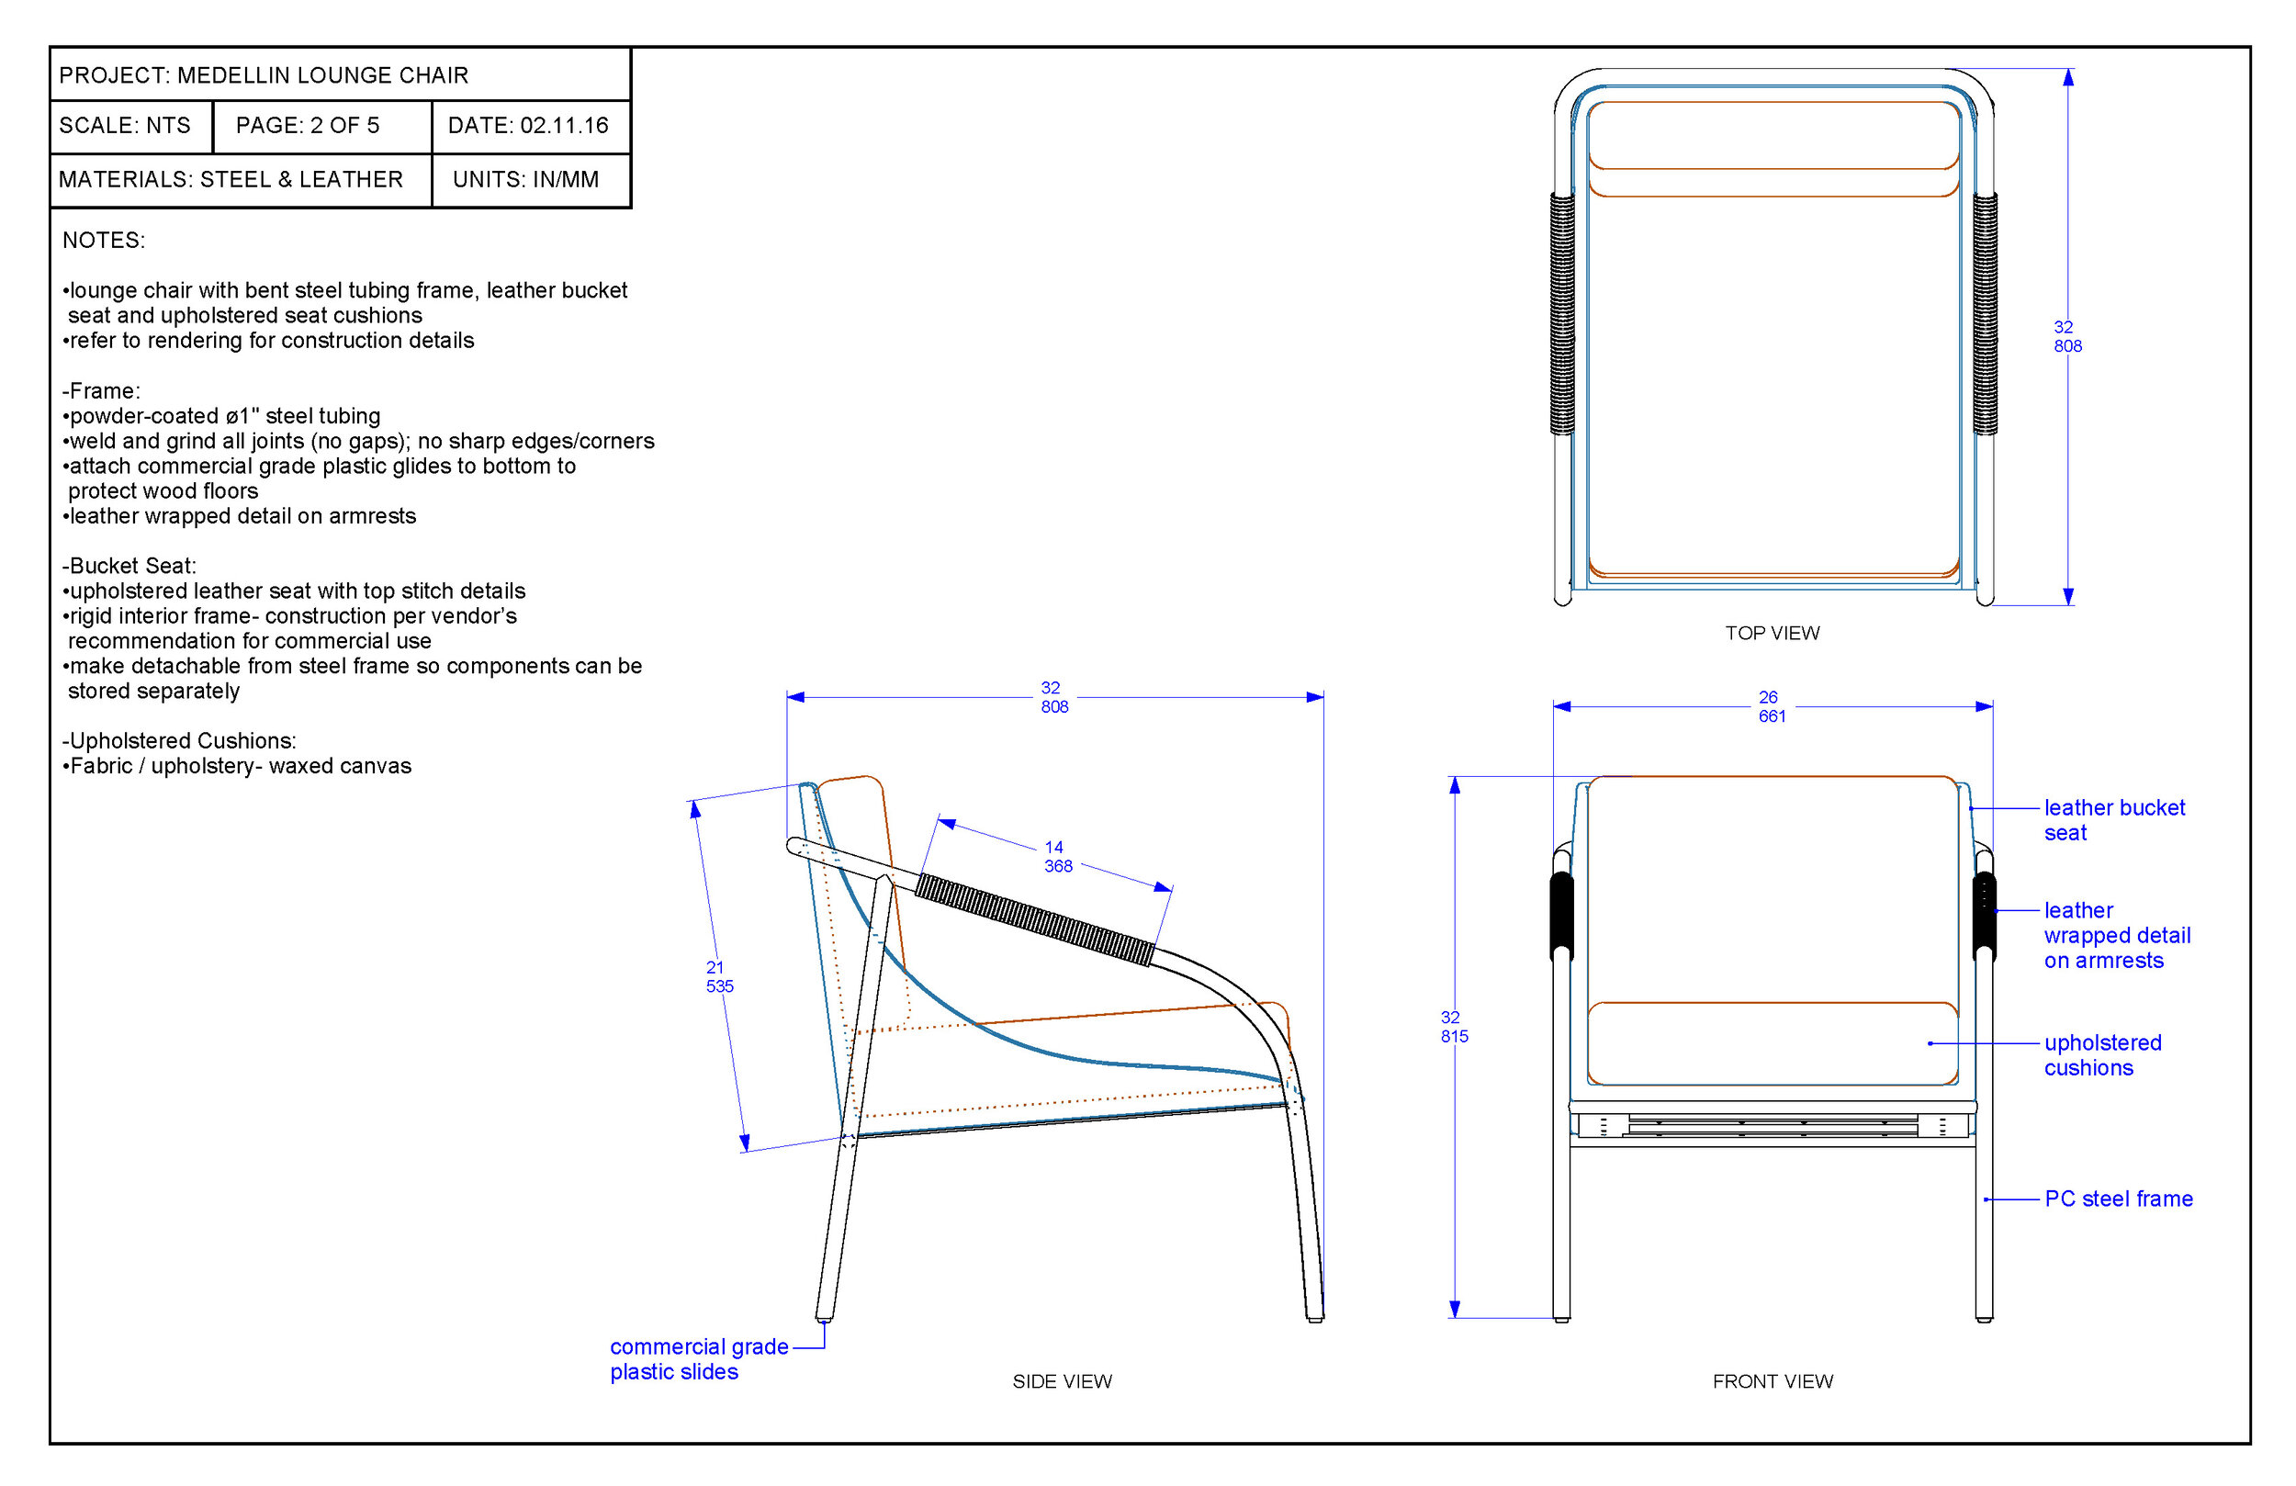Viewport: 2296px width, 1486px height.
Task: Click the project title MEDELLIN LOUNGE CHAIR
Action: [x=322, y=75]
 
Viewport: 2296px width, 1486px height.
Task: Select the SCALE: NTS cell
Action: [x=125, y=126]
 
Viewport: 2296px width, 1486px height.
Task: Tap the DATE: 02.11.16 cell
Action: [x=528, y=126]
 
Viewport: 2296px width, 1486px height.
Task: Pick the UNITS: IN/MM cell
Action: [x=525, y=179]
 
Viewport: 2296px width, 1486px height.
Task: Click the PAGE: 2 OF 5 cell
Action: [x=308, y=126]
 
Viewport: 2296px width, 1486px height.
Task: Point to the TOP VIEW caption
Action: [x=1773, y=633]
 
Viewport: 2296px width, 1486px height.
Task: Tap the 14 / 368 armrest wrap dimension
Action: [x=1056, y=857]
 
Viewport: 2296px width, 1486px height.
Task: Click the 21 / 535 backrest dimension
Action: [x=719, y=976]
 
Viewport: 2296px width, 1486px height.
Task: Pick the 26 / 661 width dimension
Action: [x=1771, y=706]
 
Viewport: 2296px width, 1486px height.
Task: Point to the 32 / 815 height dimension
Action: [x=1453, y=1027]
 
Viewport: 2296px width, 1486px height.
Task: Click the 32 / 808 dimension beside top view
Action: [x=2066, y=337]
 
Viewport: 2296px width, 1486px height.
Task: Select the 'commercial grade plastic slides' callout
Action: [x=699, y=1358]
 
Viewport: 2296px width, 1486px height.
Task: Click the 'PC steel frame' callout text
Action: [x=2119, y=1199]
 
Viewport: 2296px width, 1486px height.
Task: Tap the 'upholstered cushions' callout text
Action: [x=2102, y=1055]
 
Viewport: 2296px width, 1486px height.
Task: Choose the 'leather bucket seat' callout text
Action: [x=2112, y=820]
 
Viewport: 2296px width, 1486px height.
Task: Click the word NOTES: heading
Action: [x=103, y=241]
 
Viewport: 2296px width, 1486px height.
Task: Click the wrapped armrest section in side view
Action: [x=1034, y=919]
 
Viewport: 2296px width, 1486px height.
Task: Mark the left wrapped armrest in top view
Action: [x=1562, y=313]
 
